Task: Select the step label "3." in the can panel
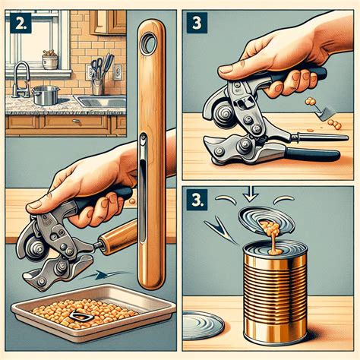pyautogui.click(x=200, y=201)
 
